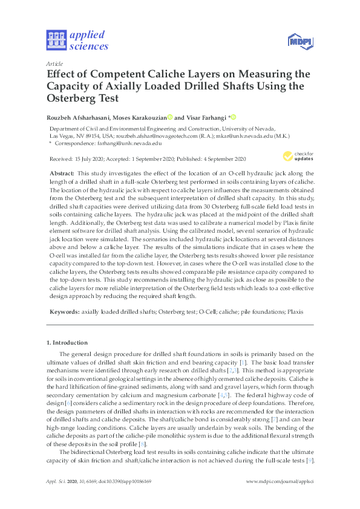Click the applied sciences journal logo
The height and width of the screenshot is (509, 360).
(x=77, y=40)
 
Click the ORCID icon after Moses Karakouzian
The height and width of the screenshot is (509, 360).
(x=171, y=117)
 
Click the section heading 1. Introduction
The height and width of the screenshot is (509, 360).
(x=67, y=343)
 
